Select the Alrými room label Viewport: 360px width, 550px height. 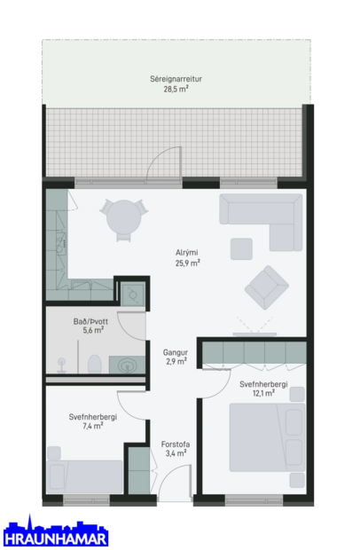click(187, 253)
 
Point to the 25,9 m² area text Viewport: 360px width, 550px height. click(187, 263)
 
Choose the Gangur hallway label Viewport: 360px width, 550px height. click(176, 351)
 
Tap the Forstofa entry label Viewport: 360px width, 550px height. click(175, 444)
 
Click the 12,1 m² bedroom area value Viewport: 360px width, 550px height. click(264, 393)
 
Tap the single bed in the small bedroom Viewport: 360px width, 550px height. click(85, 477)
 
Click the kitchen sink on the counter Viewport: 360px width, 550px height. click(59, 246)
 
